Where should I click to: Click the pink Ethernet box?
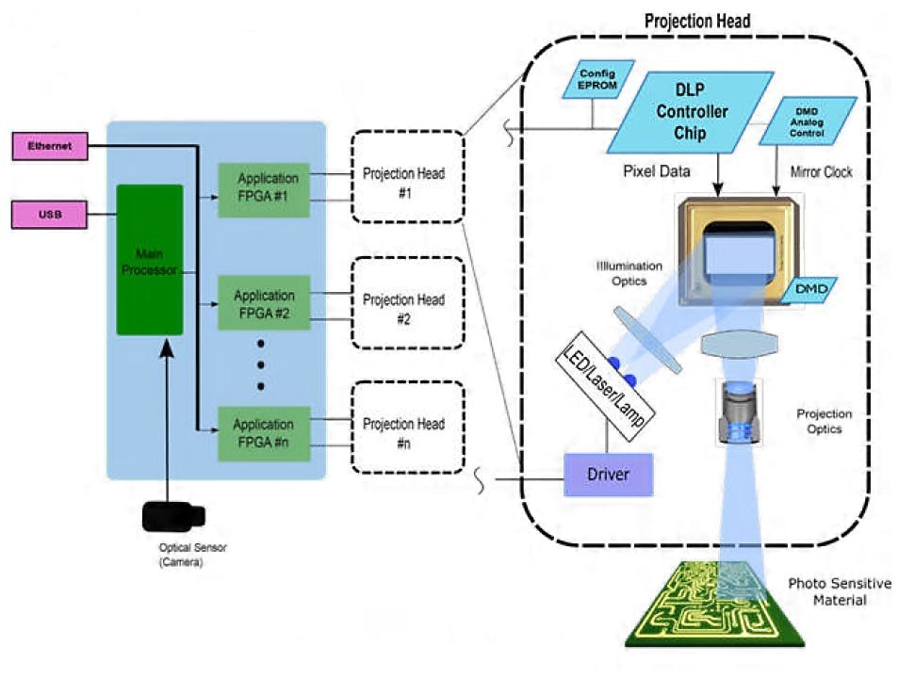click(49, 146)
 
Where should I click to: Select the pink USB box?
click(49, 215)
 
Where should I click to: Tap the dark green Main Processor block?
click(149, 259)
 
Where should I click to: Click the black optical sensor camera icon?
click(172, 516)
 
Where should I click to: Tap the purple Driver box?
click(608, 475)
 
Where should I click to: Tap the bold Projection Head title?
click(696, 21)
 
